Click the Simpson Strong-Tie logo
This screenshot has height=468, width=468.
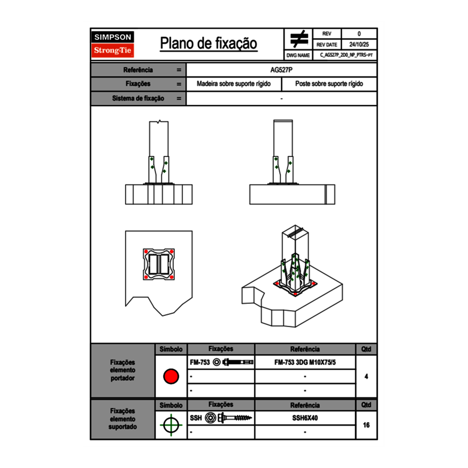[x=113, y=44]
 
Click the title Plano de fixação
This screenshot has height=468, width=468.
[x=208, y=44]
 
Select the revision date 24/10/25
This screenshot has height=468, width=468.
[x=359, y=45]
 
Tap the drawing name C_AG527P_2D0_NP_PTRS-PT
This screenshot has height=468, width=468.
[x=346, y=55]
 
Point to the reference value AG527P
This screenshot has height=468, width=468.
[x=281, y=70]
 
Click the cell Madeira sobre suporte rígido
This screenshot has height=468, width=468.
[x=233, y=84]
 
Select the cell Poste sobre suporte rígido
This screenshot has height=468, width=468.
[x=329, y=84]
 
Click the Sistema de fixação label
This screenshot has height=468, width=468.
[x=138, y=98]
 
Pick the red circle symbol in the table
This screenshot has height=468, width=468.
[x=171, y=377]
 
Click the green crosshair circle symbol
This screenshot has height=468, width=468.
[x=171, y=425]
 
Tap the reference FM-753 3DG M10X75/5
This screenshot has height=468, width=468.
[x=305, y=362]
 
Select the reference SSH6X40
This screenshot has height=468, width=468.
[x=305, y=418]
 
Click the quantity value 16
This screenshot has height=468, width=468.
[x=366, y=425]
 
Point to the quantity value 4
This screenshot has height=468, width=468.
[x=366, y=377]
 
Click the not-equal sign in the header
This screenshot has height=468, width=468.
[x=299, y=39]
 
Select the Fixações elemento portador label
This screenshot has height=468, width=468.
[x=122, y=370]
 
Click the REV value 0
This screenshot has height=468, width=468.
[x=359, y=34]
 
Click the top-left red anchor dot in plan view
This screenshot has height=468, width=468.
[x=145, y=252]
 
